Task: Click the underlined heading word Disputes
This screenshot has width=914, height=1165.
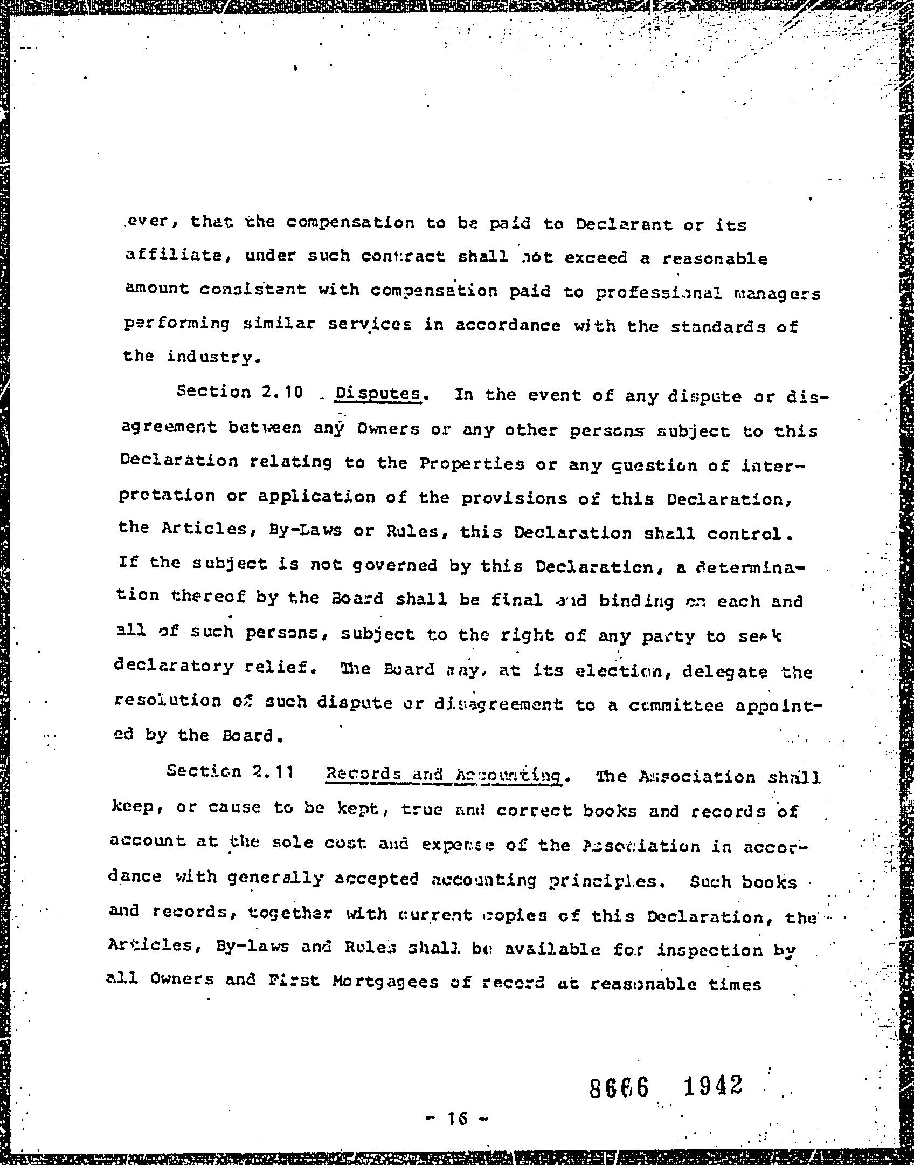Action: coord(377,394)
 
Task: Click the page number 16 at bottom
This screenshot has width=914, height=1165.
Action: coord(456,1119)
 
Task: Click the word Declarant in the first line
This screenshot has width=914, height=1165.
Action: coord(624,224)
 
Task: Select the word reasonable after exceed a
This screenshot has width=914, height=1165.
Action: coord(715,259)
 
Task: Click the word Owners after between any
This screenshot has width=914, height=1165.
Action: coord(388,429)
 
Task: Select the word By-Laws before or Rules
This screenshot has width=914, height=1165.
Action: coord(304,530)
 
